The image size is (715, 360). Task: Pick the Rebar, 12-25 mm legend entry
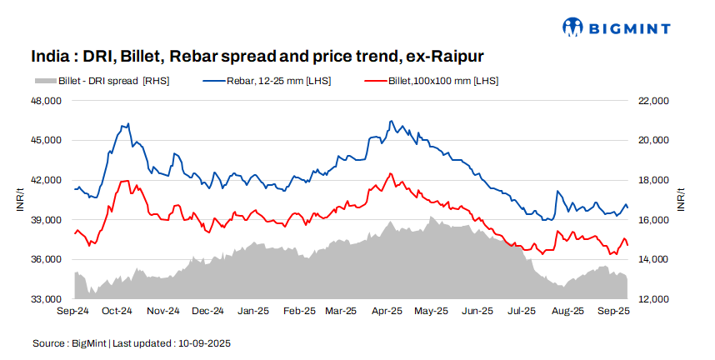[x=267, y=81]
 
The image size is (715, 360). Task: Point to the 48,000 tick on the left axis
[x=47, y=101]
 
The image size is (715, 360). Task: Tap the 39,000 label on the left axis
[x=47, y=220]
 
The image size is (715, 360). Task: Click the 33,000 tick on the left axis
[x=47, y=299]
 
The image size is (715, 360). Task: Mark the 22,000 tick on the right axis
[x=654, y=101]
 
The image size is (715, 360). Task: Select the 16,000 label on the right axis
[x=654, y=220]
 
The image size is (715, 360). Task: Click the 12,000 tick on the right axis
[x=654, y=299]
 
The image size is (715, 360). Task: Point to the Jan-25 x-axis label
[x=253, y=312]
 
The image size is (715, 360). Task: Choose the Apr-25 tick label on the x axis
[x=387, y=312]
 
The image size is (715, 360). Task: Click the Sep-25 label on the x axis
[x=612, y=312]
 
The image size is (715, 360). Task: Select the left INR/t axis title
[x=20, y=200]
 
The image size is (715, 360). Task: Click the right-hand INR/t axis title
[x=681, y=200]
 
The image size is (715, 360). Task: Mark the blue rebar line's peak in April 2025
[x=390, y=121]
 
